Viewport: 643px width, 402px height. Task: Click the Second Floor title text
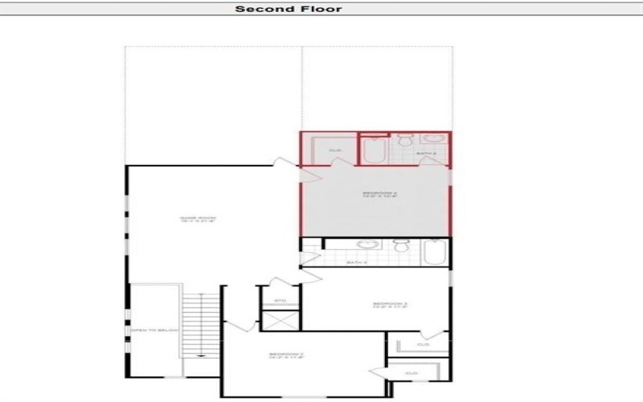pos(289,9)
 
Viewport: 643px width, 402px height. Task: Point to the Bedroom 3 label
pos(390,306)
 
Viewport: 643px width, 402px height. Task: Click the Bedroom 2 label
pos(285,356)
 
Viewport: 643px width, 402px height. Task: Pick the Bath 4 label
pos(426,154)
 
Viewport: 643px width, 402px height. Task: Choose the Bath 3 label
pos(356,262)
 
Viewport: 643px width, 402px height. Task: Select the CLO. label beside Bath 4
pos(336,150)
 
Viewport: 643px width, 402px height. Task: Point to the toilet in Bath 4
pos(406,142)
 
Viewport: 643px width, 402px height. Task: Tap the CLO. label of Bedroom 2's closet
pos(412,374)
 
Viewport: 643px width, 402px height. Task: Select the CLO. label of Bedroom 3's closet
pos(423,345)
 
